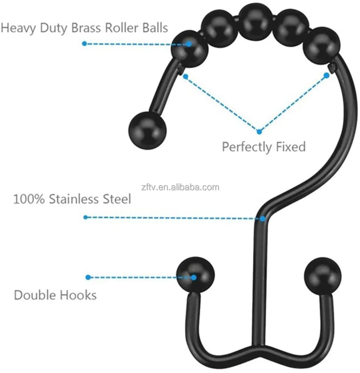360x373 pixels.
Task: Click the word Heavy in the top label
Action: pos(18,28)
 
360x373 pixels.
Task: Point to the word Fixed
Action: pos(289,147)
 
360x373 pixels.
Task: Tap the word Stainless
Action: pos(75,199)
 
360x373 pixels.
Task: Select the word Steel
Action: pos(117,199)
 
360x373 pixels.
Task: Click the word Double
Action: pos(33,295)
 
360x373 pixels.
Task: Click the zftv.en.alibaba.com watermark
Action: pos(180,187)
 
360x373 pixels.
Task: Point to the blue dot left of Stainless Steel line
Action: pos(85,217)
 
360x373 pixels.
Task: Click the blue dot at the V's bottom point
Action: pos(258,132)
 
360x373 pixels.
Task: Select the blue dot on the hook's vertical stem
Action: pos(263,219)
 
